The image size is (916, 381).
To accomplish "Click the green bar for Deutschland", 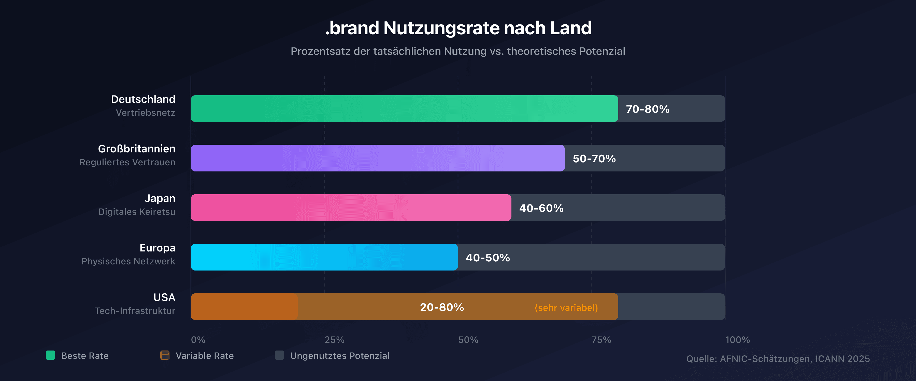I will [x=404, y=109].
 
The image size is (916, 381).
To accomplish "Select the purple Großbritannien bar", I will [x=378, y=158].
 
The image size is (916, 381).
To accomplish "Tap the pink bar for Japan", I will [x=351, y=208].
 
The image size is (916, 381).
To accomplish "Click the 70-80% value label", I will [x=648, y=109].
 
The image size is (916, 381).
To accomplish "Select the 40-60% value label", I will [x=541, y=208].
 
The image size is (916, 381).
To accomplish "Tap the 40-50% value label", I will [x=488, y=258].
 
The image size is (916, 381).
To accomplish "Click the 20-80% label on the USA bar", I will [x=442, y=307].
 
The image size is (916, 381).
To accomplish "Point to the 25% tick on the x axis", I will [x=334, y=340].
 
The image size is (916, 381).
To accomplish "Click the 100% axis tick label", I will [x=737, y=340].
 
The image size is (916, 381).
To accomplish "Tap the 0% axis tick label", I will [x=198, y=340].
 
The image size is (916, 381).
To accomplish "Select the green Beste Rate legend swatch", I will [x=50, y=355].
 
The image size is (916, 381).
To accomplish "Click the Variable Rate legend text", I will [x=205, y=356].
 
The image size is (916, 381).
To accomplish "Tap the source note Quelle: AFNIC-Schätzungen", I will [x=778, y=359].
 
